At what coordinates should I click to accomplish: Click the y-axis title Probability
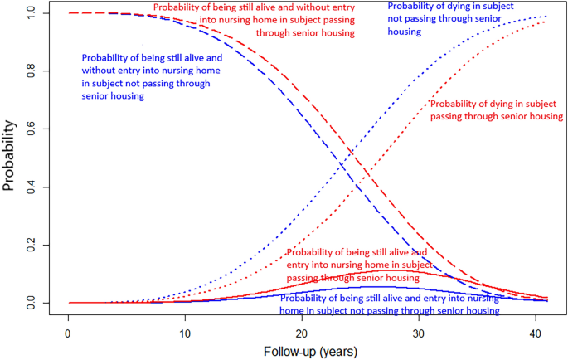[x=10, y=158]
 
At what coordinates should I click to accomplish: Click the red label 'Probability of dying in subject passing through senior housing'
[x=496, y=109]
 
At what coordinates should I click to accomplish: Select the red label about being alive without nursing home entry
[x=254, y=20]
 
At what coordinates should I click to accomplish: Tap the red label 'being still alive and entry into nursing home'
[x=357, y=265]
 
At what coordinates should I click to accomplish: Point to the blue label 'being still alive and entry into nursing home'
[x=390, y=304]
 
